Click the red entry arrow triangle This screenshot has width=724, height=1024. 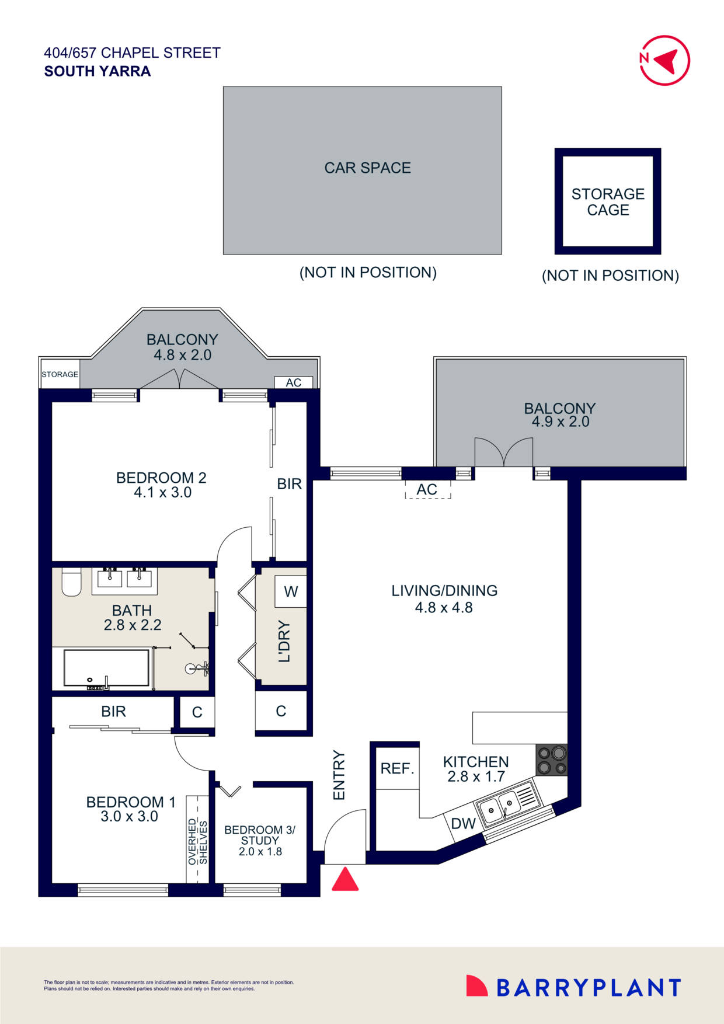coord(345,880)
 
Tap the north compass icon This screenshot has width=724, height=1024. coord(664,60)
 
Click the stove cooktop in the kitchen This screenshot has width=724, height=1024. coord(551,760)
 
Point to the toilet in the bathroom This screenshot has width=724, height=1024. coord(71,581)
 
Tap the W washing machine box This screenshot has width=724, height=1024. coord(291,591)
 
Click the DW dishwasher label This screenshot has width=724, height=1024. coord(464,824)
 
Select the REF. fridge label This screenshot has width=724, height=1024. coord(397,768)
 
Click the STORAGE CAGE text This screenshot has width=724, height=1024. coord(608,201)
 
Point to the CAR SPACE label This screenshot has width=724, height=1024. coord(367,168)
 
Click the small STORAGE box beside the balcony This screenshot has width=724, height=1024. coord(60,374)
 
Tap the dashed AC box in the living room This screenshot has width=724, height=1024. coord(427,489)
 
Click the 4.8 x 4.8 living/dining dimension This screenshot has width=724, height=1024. coord(444,608)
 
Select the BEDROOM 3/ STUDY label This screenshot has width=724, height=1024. coord(260,835)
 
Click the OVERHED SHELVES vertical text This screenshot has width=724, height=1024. coord(197,841)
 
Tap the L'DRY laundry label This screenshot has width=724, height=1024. coord(284,641)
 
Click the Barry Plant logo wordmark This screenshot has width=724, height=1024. coord(588,988)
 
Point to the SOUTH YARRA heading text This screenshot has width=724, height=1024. coord(98,71)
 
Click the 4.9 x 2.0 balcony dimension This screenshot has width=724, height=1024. coord(560,422)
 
